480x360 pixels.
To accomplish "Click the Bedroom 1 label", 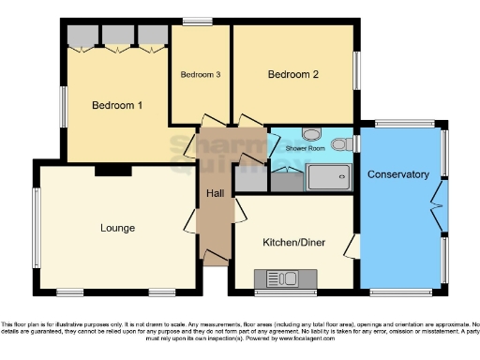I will pos(117,105).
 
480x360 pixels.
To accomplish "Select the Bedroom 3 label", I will pos(201,75).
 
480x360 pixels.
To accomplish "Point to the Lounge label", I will pos(118,228).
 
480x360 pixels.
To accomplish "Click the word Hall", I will pos(215,193).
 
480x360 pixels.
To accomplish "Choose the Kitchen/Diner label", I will pos(293,242).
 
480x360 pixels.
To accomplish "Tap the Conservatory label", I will pos(398,174).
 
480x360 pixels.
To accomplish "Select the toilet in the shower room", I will pos(345,144).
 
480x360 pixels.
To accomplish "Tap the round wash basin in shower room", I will pos(312,133).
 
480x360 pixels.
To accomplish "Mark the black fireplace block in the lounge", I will pos(113,171).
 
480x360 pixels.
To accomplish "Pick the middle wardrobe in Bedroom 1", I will pos(117,36).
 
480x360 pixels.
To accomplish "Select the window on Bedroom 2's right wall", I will pos(355,69).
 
